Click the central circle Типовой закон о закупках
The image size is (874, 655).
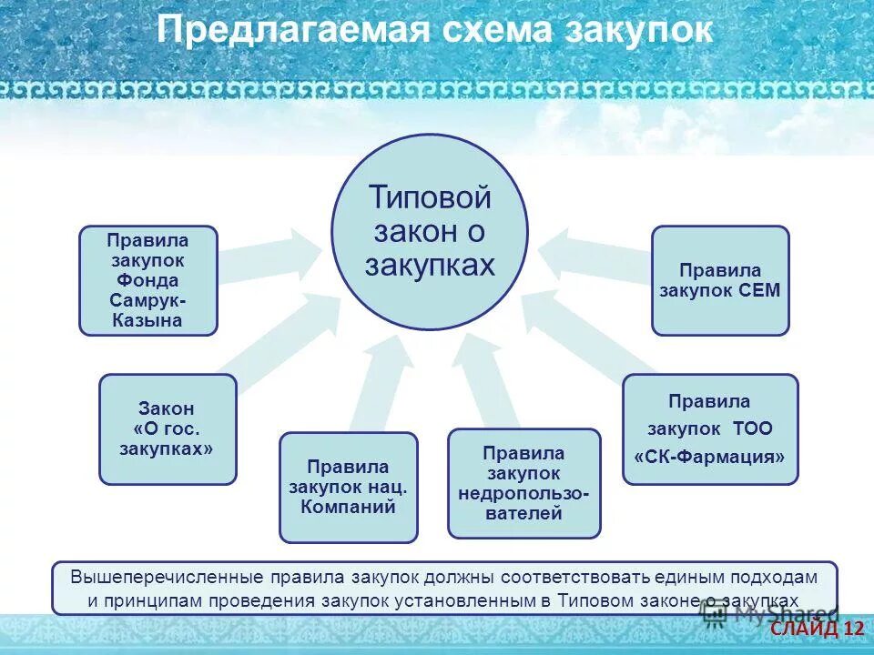[x=429, y=231]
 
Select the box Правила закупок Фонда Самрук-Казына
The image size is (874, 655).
[x=147, y=280]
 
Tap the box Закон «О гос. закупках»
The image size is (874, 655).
[x=168, y=428]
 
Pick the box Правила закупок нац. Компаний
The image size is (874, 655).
[x=348, y=487]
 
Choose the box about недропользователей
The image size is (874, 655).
[x=523, y=483]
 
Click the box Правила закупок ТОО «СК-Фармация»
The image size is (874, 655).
[x=709, y=428]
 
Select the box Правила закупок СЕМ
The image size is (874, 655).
[x=719, y=280]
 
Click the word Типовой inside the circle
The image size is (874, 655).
[x=430, y=197]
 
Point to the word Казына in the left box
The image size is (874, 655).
[x=147, y=320]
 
